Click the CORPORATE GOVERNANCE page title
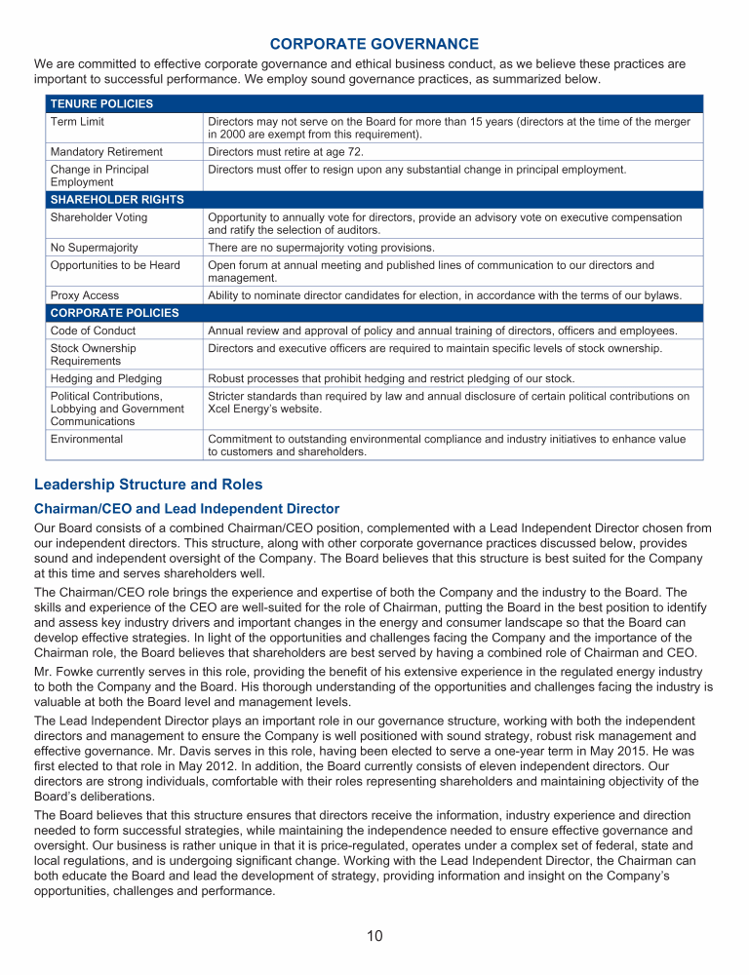(374, 44)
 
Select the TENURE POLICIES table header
(101, 103)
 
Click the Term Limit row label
(77, 122)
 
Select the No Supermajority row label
(94, 248)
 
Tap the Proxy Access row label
(85, 295)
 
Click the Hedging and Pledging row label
(105, 378)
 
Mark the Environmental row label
(87, 440)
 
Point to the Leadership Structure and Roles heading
(148, 484)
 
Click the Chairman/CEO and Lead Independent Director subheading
(186, 508)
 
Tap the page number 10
(374, 936)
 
